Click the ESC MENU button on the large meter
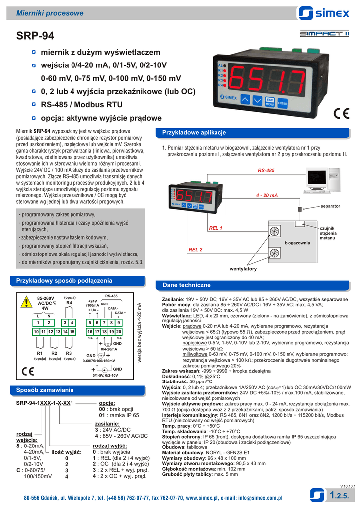click(x=270, y=102)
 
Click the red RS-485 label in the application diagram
click(x=266, y=171)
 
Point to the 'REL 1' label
click(x=215, y=228)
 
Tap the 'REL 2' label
click(x=195, y=249)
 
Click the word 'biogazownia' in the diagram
click(x=297, y=242)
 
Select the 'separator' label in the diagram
click(x=330, y=205)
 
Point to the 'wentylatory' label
click(x=243, y=268)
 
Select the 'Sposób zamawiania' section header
click(x=45, y=390)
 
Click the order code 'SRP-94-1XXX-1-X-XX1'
click(x=45, y=403)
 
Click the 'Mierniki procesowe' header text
click(x=50, y=13)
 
